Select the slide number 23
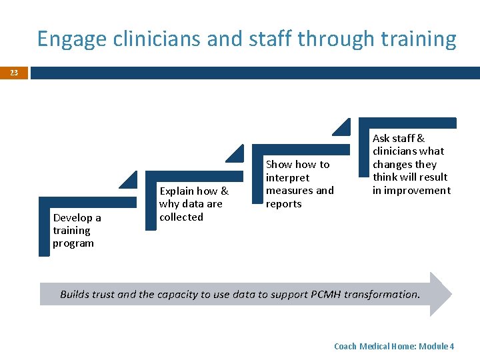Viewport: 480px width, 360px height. point(14,73)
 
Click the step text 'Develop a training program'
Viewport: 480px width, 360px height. point(77,230)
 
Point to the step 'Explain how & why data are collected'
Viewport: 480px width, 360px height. point(193,203)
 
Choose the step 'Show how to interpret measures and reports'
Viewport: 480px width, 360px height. point(299,183)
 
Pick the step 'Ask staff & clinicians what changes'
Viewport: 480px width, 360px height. point(411,164)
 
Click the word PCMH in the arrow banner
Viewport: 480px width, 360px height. point(328,294)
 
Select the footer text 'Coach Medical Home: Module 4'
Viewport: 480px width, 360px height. point(393,346)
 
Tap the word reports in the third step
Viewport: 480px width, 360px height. point(283,203)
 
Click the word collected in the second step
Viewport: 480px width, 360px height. point(181,217)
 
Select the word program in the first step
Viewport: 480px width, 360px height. point(73,243)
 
